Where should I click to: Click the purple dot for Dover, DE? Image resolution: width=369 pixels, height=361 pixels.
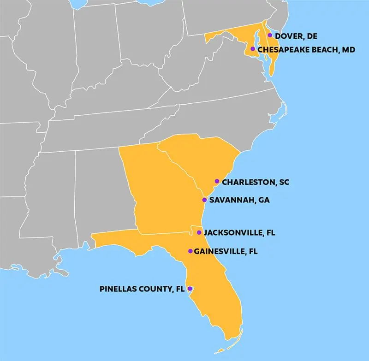point(270,35)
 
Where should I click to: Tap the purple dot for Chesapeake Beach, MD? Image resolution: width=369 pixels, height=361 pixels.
point(252,49)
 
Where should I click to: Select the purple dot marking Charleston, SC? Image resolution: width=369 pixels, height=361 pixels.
point(217,181)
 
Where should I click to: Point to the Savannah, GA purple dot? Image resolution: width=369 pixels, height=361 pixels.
point(204,200)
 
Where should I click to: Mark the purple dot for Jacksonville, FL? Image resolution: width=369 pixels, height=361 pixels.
point(199,232)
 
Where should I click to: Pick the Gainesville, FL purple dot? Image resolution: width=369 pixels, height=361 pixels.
point(190,251)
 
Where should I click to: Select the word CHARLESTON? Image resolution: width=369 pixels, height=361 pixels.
point(248,182)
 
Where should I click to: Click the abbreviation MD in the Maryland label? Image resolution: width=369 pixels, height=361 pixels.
point(349,49)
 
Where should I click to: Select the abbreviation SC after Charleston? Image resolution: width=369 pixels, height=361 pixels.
point(284,182)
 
